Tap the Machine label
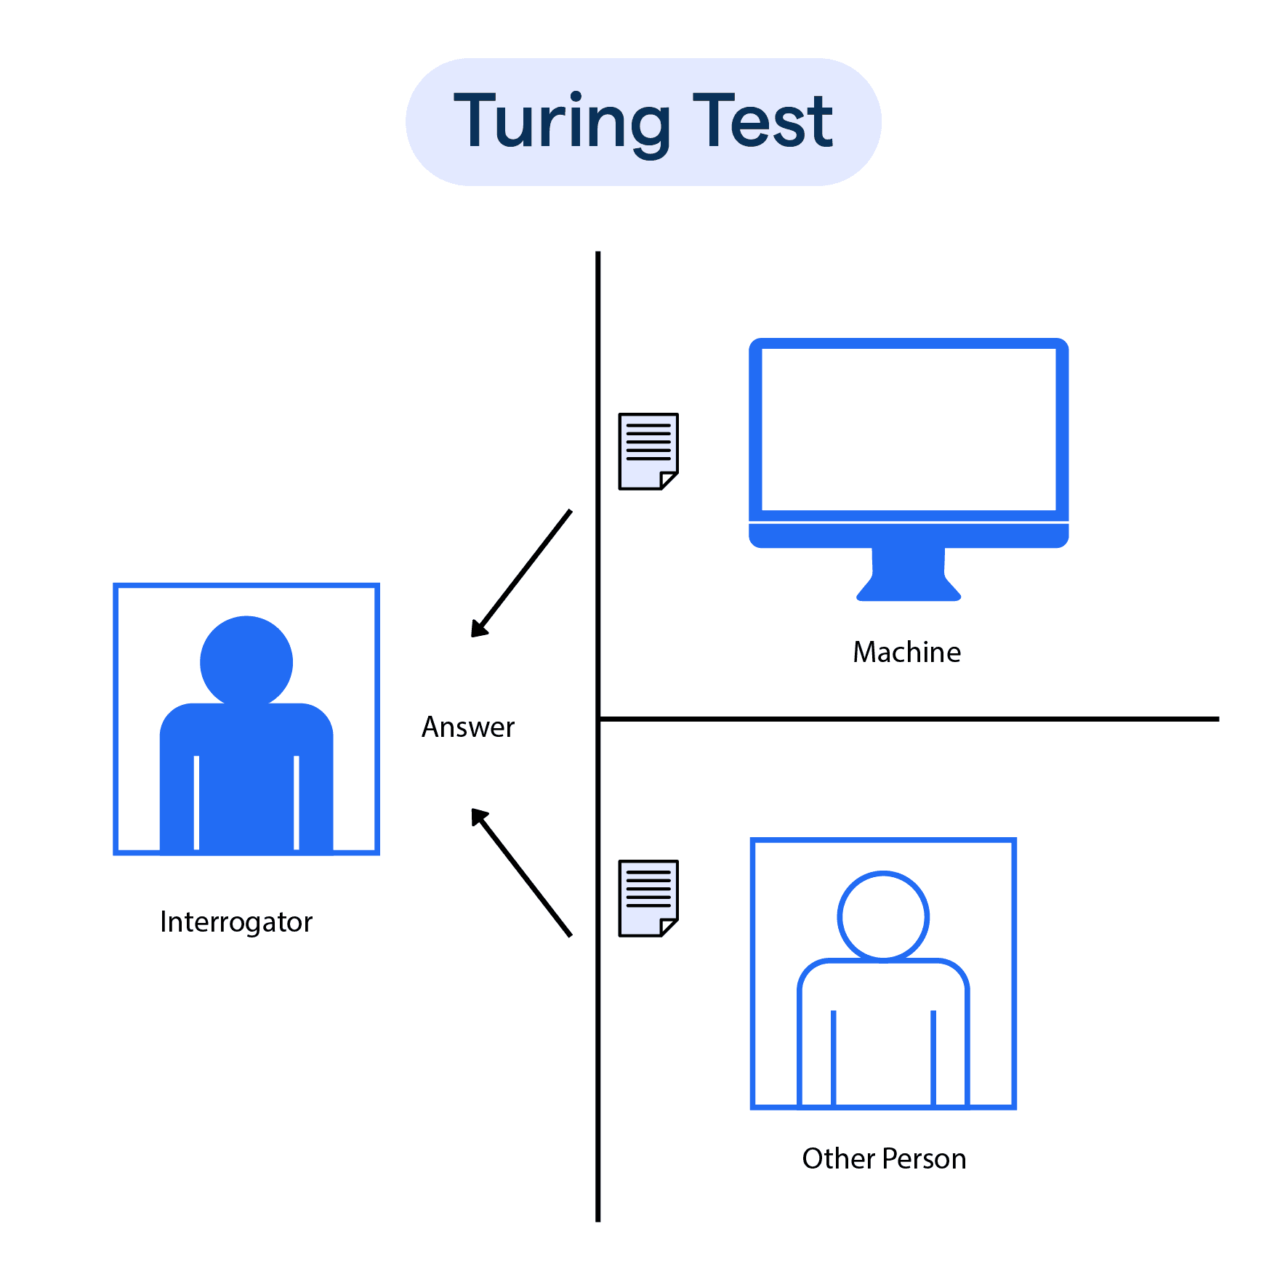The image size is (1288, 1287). tap(906, 652)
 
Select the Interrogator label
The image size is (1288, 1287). tap(236, 921)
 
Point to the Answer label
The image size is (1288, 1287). tap(468, 727)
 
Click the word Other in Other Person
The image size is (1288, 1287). tap(838, 1158)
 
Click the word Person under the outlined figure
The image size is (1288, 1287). tap(925, 1158)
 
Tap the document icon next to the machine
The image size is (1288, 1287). tap(648, 451)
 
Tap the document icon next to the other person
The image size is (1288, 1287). tap(648, 897)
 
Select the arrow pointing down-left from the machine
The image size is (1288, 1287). tap(521, 574)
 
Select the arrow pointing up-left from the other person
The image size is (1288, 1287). tap(521, 872)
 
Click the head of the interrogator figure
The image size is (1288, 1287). tap(246, 661)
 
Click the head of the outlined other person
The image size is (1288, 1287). tap(883, 916)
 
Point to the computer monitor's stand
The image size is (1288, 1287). tap(909, 574)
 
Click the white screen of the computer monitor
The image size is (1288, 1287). tap(909, 429)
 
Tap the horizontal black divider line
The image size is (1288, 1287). tap(909, 719)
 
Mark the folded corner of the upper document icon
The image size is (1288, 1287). tap(669, 480)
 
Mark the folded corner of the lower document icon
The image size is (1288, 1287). tap(669, 927)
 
